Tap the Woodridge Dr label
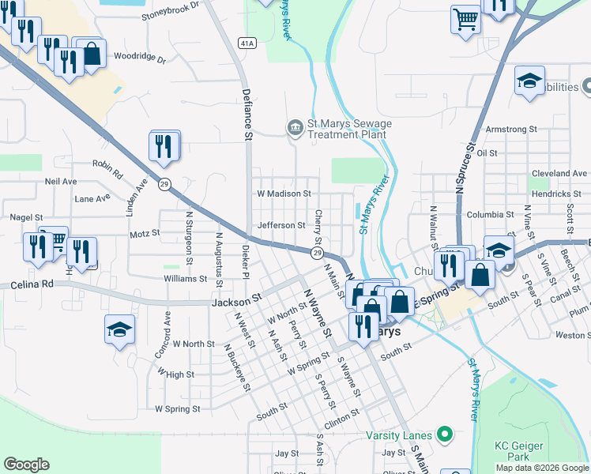click(x=140, y=58)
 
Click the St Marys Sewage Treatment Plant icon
click(x=295, y=127)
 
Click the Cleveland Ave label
click(x=559, y=173)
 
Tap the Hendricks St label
click(x=556, y=194)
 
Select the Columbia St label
click(x=490, y=214)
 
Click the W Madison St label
click(x=284, y=193)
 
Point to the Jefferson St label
click(x=281, y=225)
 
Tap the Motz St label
click(x=145, y=233)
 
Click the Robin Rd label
click(x=107, y=168)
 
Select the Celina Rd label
click(x=32, y=284)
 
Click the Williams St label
click(x=186, y=279)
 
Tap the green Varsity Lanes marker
click(x=445, y=434)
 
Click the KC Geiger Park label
click(x=519, y=451)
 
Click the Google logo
click(x=26, y=465)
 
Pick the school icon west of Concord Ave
click(x=119, y=329)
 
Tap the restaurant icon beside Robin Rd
click(x=164, y=146)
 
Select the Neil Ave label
click(x=61, y=181)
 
